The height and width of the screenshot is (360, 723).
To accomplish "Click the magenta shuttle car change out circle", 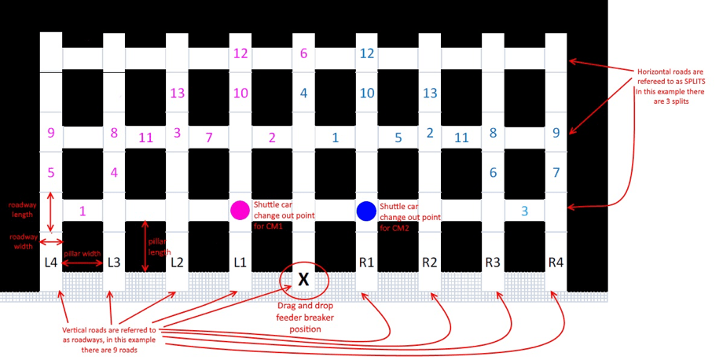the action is click(240, 210).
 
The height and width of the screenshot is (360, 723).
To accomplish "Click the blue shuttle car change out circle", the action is click(366, 211).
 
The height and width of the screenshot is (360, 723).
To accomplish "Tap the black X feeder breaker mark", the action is click(303, 278).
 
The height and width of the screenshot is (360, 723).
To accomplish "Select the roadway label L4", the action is click(51, 263).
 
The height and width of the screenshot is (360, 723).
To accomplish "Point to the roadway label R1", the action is click(366, 263).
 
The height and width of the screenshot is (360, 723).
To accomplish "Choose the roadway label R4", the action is click(556, 263).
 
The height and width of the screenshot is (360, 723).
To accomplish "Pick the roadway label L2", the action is click(177, 263).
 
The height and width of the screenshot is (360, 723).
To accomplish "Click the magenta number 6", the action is click(303, 53).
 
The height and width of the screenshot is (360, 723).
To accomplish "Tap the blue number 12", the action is click(366, 53).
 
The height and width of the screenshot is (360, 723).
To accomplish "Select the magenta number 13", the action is click(177, 93).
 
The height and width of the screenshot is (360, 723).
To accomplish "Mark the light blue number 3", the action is click(524, 211).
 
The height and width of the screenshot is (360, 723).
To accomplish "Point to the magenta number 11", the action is click(145, 138).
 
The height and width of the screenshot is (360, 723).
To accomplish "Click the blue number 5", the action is click(398, 138).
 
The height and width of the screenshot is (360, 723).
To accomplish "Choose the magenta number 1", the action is click(83, 211).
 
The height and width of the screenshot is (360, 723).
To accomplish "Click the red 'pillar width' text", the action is click(82, 254).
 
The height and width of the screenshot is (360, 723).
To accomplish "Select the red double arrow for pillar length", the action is click(145, 247).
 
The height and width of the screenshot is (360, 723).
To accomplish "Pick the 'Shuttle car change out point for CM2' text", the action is click(409, 217).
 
